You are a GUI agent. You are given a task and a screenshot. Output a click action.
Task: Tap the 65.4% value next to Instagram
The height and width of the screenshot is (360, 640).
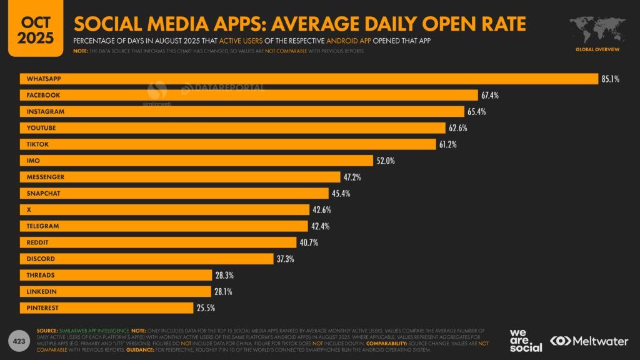(476, 111)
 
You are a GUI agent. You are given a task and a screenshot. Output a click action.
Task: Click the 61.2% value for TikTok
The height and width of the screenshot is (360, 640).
(447, 144)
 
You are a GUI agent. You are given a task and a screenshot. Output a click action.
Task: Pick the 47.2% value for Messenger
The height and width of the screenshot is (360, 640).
(352, 177)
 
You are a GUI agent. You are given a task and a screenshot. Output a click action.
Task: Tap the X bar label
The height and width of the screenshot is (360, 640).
(28, 209)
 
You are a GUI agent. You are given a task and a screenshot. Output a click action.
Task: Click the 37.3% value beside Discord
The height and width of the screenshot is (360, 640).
(286, 259)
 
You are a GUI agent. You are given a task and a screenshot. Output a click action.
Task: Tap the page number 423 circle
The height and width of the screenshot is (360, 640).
(18, 341)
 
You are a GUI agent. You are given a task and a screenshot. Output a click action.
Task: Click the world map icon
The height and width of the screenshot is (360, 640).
(597, 30)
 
